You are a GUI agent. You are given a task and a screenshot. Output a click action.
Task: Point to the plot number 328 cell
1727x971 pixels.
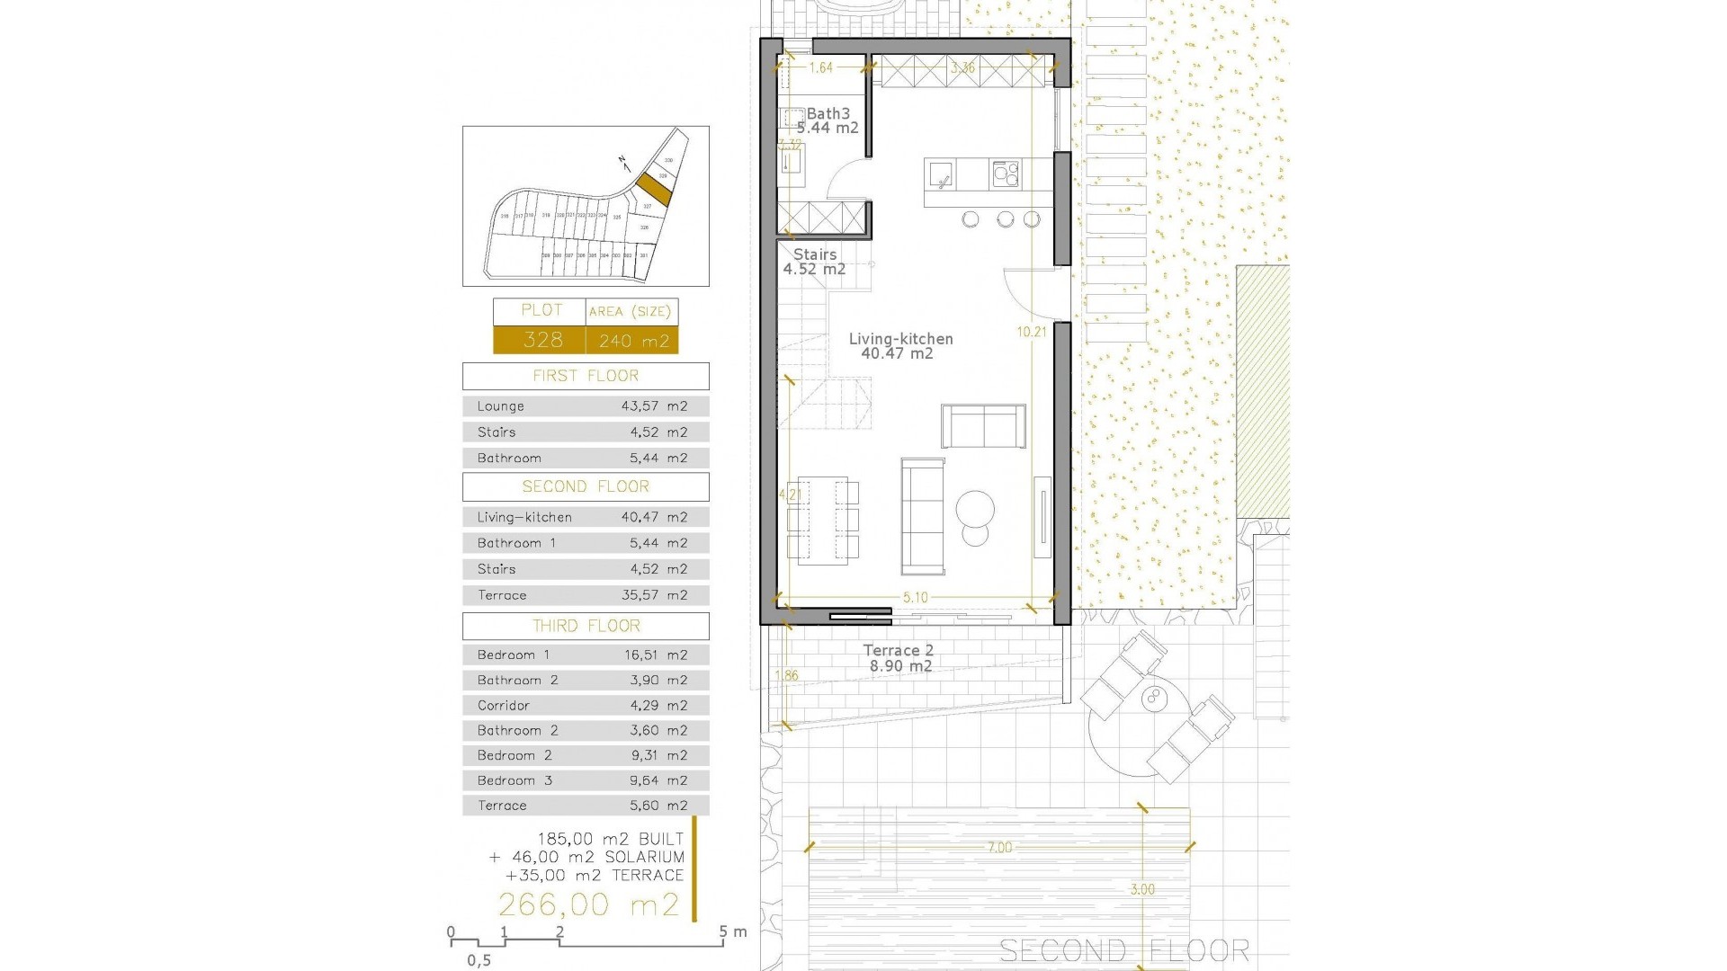[542, 340]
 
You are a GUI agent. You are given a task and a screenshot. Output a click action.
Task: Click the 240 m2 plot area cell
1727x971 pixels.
[633, 341]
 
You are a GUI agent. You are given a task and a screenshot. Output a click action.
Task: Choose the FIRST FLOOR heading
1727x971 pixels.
[586, 376]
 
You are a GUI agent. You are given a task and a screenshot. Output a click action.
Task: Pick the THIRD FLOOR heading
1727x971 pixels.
[586, 626]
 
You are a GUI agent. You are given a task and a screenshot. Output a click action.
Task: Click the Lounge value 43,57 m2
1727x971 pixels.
[654, 406]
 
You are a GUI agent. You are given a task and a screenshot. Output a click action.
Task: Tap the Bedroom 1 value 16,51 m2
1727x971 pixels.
[656, 655]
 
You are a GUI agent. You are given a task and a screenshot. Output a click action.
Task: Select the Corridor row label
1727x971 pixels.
[504, 706]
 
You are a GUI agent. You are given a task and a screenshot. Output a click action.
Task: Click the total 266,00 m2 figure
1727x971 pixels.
[589, 904]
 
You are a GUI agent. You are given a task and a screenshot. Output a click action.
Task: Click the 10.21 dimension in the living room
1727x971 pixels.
[1032, 332]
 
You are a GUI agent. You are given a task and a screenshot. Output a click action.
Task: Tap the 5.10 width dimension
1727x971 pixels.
[915, 597]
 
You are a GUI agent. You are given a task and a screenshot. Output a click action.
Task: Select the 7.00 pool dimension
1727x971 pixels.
[999, 847]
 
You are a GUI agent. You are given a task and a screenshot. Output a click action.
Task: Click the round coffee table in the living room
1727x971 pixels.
[976, 510]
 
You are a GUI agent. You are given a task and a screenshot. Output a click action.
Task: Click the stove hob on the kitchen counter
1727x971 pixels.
[1006, 174]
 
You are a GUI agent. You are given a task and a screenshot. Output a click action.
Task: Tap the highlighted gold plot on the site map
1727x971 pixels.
[654, 189]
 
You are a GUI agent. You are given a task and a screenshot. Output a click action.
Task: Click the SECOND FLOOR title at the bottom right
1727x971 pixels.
[1124, 950]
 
